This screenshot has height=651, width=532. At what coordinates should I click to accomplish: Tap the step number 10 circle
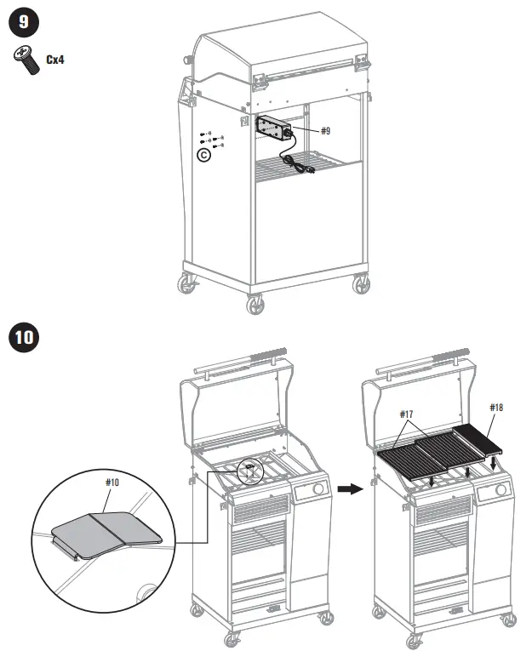click(x=24, y=337)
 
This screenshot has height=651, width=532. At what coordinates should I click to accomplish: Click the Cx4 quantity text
click(x=55, y=61)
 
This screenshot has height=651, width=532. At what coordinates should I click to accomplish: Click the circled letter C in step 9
click(x=203, y=156)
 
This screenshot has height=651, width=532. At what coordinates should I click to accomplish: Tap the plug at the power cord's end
click(x=311, y=174)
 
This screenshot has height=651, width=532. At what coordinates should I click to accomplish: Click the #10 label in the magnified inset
click(x=113, y=482)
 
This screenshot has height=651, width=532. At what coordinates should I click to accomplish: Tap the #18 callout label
click(x=496, y=408)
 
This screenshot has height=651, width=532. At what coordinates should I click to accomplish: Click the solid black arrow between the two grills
click(x=348, y=489)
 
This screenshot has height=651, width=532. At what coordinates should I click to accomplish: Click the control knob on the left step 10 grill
click(x=317, y=490)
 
